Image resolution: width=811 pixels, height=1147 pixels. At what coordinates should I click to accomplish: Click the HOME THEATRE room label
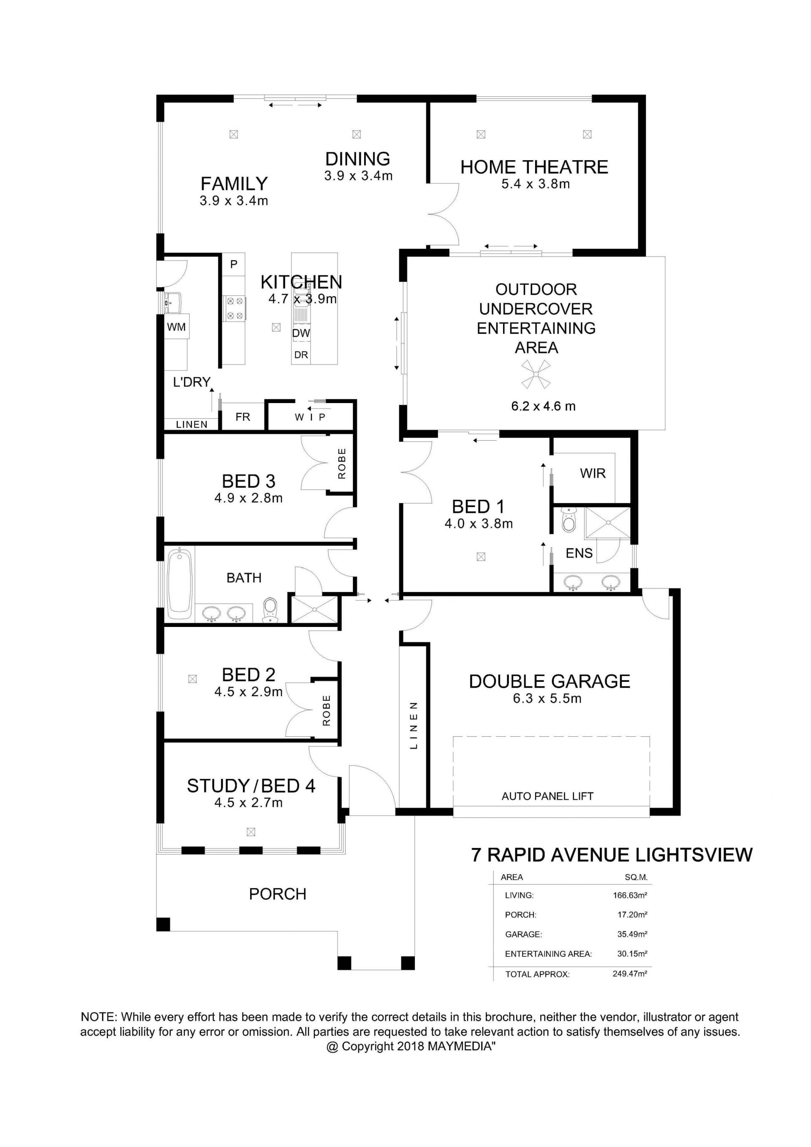coord(534,167)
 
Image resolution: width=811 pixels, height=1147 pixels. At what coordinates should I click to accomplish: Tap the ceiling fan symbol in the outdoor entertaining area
coord(536,375)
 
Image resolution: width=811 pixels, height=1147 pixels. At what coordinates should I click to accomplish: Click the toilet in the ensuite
coord(568,520)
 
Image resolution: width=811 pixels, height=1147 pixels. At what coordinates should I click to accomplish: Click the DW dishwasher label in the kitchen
coord(301,333)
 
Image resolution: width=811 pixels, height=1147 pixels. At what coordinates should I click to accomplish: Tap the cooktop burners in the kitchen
coord(235,308)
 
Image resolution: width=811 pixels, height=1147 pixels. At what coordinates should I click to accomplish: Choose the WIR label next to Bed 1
coord(593,473)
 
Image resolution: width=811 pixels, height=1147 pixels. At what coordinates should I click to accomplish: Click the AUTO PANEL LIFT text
coord(547,796)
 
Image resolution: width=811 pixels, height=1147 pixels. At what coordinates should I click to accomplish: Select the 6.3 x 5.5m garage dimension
coord(547,698)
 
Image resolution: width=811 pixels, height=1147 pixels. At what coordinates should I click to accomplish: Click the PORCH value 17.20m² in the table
coord(632,915)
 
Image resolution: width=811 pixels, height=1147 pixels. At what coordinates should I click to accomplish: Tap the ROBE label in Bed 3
coord(342,463)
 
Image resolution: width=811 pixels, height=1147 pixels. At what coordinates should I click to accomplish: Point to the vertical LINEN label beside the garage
coord(414,725)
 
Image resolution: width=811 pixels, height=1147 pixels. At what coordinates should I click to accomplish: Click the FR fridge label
coord(243,417)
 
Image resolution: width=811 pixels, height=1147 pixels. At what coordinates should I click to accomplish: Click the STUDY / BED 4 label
coord(251,786)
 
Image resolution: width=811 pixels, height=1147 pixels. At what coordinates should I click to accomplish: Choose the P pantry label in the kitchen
coord(234,264)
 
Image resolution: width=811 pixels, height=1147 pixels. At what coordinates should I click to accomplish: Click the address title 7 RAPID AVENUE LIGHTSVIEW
coord(612,855)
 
